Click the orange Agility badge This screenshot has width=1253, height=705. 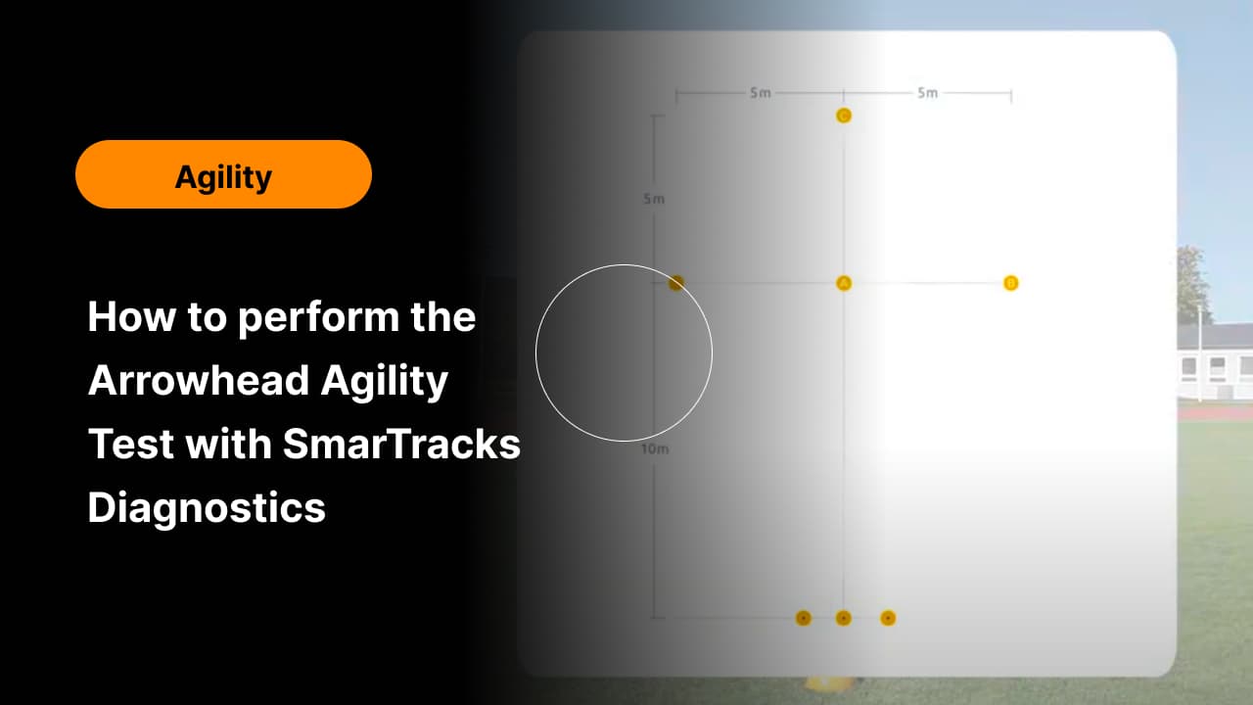[x=223, y=174]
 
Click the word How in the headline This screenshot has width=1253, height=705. [x=131, y=316]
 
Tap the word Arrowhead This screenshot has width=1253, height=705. [x=199, y=381]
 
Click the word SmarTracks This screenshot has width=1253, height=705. [x=401, y=444]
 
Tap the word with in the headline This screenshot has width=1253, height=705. [x=228, y=444]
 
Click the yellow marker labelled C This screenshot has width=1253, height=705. [x=844, y=116]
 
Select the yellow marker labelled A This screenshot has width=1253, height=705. [x=844, y=283]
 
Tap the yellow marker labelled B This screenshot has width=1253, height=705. [x=1011, y=283]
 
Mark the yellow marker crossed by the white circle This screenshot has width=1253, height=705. [x=676, y=283]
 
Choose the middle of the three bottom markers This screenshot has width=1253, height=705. [x=844, y=618]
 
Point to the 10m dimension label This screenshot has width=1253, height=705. [x=655, y=448]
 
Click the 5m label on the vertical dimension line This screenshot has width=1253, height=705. [x=654, y=199]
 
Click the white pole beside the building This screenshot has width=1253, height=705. [x=1200, y=353]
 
